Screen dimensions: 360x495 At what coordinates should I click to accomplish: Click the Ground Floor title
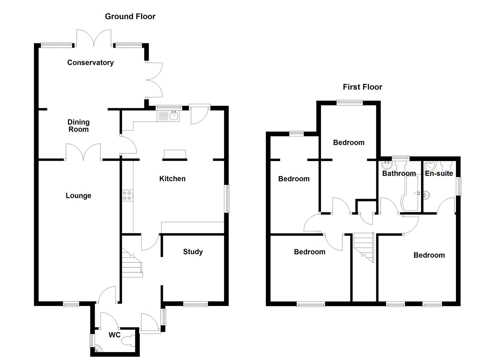click(x=130, y=16)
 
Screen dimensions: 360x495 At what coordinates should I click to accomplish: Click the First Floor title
click(x=362, y=87)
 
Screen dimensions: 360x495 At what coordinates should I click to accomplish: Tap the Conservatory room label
click(x=90, y=63)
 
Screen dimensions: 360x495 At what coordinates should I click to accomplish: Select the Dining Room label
click(x=79, y=126)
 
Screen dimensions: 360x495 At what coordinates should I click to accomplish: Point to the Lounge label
click(x=78, y=196)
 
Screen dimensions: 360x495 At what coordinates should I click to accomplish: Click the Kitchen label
click(x=172, y=179)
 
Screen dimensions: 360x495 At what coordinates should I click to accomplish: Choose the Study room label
click(x=193, y=252)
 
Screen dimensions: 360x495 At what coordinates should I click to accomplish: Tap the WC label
click(x=114, y=335)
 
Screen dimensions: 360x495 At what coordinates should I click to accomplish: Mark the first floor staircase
click(x=364, y=247)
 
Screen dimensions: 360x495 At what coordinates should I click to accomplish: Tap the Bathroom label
click(x=399, y=173)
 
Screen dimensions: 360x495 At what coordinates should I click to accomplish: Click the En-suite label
click(x=439, y=173)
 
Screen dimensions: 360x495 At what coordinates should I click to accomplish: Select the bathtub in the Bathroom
click(x=410, y=193)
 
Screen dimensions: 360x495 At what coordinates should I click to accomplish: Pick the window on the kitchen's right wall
click(x=227, y=199)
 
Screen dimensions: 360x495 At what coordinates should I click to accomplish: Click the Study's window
click(x=195, y=304)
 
